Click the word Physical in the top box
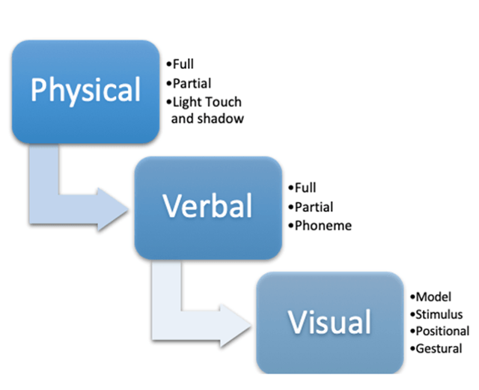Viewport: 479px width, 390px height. (85, 91)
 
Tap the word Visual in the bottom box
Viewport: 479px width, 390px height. (330, 322)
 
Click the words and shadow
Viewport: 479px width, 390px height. (207, 118)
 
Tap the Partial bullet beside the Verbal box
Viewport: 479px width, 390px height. (312, 207)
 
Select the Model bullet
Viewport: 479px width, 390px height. (432, 296)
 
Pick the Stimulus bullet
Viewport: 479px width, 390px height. (437, 314)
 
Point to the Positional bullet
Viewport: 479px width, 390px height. (441, 331)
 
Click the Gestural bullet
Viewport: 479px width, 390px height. (437, 348)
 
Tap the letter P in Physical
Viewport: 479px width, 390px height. (39, 90)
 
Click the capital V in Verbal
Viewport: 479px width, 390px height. (171, 206)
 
